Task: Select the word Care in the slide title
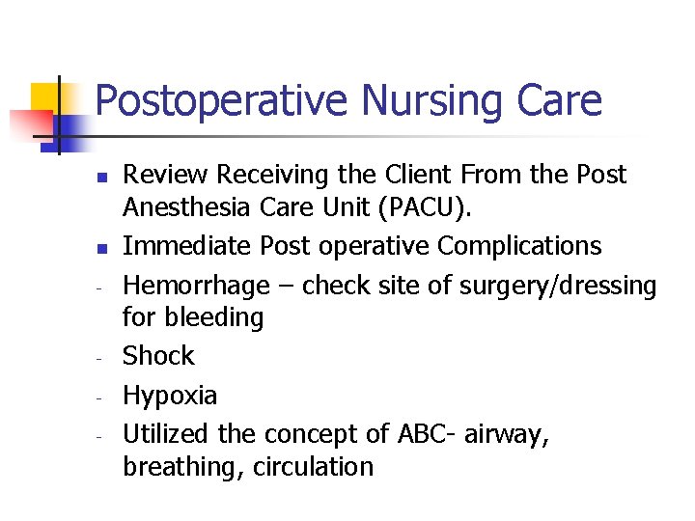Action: point(560,100)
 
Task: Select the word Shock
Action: point(158,356)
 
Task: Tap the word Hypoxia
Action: point(170,396)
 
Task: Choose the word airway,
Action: point(507,435)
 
